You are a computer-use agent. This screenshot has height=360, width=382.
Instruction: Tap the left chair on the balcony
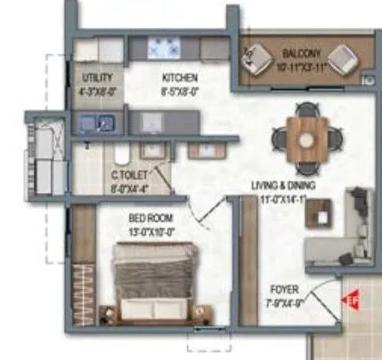pyautogui.click(x=257, y=58)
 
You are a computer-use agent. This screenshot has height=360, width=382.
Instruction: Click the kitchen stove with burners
pyautogui.click(x=162, y=47)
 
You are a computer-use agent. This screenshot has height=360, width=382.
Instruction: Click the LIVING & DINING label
pyautogui.click(x=283, y=185)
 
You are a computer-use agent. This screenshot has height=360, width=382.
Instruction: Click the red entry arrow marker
pyautogui.click(x=353, y=300)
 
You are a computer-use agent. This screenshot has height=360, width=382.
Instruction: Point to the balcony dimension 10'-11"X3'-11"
pyautogui.click(x=300, y=66)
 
